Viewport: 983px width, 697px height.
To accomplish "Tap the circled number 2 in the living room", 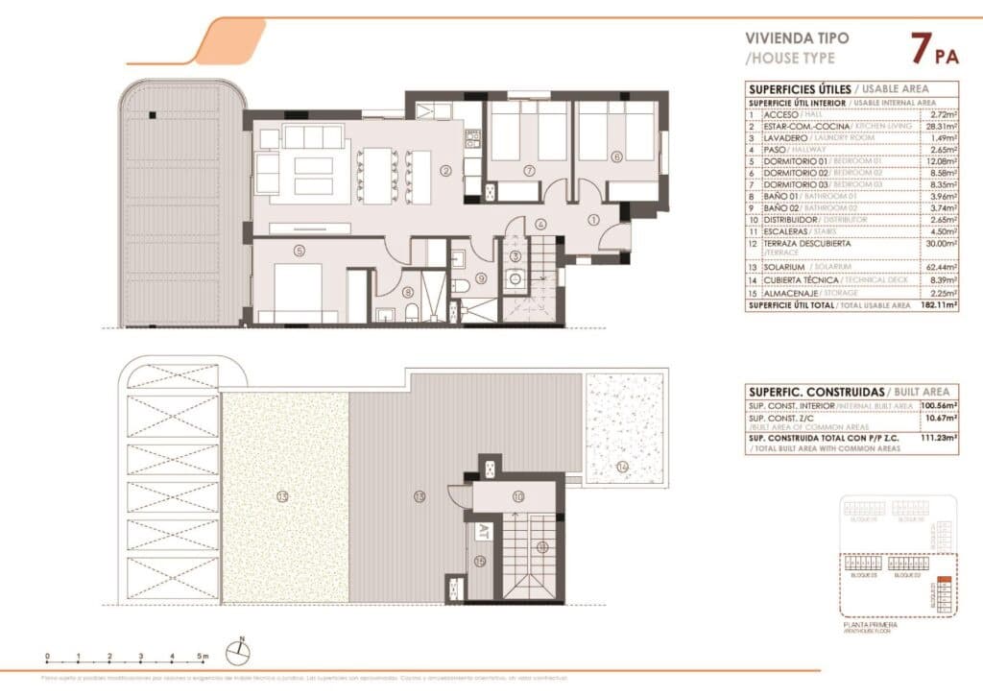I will click(445, 172).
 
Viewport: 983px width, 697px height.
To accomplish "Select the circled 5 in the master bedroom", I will click(300, 252).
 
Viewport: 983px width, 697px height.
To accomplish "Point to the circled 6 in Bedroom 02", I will click(616, 156).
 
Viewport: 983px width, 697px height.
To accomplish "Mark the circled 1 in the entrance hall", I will click(592, 220).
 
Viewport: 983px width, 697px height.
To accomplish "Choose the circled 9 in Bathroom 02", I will click(481, 278).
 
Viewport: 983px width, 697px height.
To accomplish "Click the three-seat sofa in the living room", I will click(313, 136).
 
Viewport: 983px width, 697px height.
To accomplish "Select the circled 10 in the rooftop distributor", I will click(517, 496).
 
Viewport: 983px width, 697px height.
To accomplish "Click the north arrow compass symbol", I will click(237, 653).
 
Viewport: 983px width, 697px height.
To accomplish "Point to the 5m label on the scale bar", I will click(203, 657).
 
